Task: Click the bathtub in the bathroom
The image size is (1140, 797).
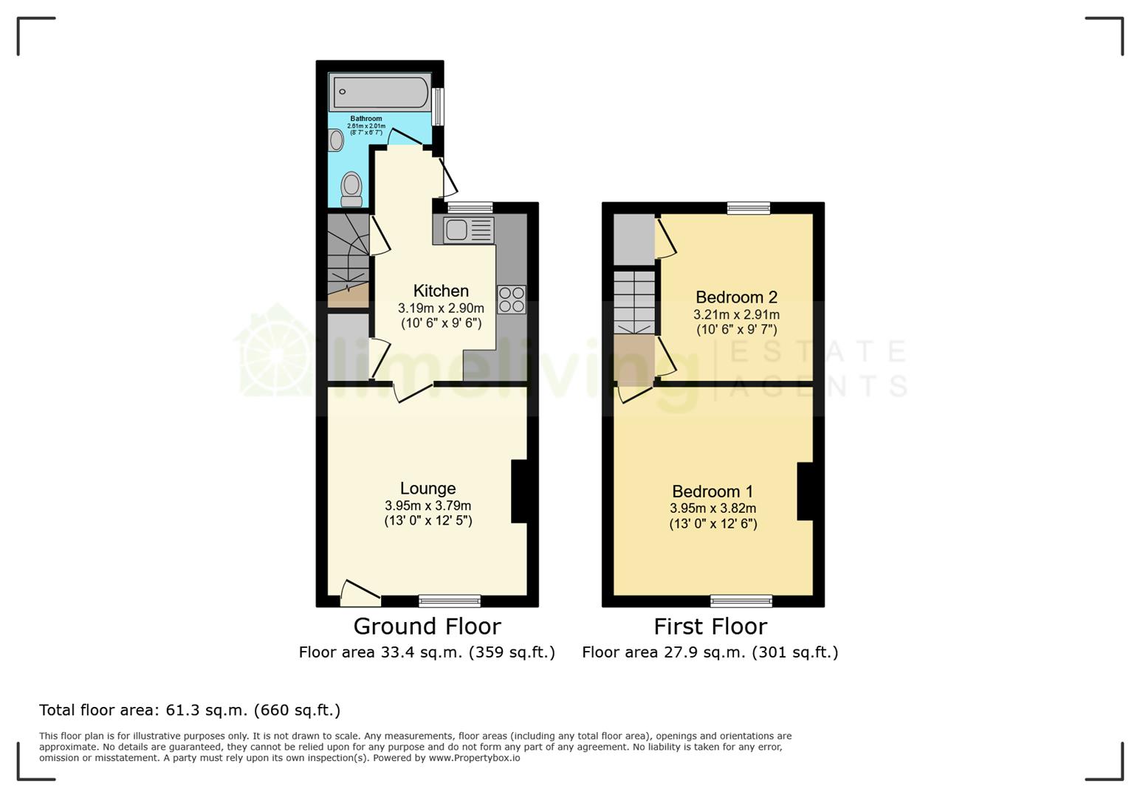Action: coord(380,93)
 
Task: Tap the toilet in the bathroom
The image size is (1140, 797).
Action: coord(351,189)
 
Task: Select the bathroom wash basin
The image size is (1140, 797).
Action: coord(336,139)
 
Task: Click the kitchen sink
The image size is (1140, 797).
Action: coord(457,230)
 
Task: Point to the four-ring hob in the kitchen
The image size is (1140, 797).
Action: coord(512,299)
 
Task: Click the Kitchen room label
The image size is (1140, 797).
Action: coord(441,291)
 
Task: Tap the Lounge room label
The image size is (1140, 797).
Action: coord(427,489)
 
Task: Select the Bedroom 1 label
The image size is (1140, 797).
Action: coord(712,491)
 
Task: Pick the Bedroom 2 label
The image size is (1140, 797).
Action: coord(736,297)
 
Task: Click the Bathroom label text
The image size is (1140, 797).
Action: coord(366,119)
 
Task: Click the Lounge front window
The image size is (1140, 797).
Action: coord(449,601)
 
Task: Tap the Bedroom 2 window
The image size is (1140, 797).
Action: coord(748,208)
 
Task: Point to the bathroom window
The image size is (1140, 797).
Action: coord(438,106)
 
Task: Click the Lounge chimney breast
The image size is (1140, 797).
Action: coord(519,491)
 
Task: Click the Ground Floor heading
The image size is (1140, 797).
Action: coord(427,627)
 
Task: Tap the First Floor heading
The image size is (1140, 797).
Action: coord(710,627)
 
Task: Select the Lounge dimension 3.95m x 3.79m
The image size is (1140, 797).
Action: coord(427,506)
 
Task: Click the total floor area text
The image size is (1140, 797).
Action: coord(190,710)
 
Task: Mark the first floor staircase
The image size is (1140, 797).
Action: coord(634,303)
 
